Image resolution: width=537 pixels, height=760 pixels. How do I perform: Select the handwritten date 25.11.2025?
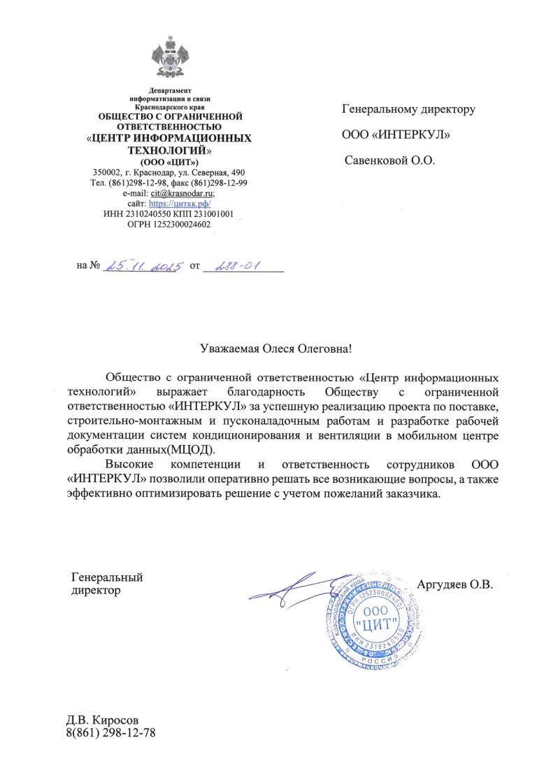(x=143, y=267)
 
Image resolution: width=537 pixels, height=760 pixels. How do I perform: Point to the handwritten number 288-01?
(x=237, y=266)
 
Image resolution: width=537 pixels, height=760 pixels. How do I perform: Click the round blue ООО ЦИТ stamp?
(x=371, y=619)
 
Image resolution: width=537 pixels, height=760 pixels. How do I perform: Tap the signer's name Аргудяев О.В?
(x=455, y=584)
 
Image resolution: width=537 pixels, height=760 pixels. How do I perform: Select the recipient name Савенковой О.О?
(x=391, y=160)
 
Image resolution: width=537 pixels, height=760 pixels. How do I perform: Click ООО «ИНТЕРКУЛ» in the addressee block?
(x=395, y=135)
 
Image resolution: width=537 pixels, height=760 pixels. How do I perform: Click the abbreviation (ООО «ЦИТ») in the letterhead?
(x=170, y=162)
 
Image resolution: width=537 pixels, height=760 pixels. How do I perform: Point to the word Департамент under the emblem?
(x=170, y=91)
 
